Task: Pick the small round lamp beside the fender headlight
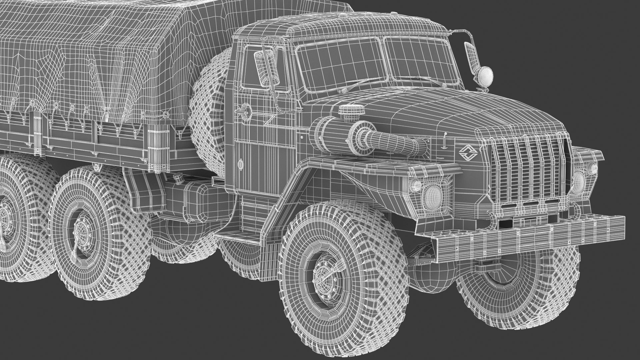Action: (x=415, y=185)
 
